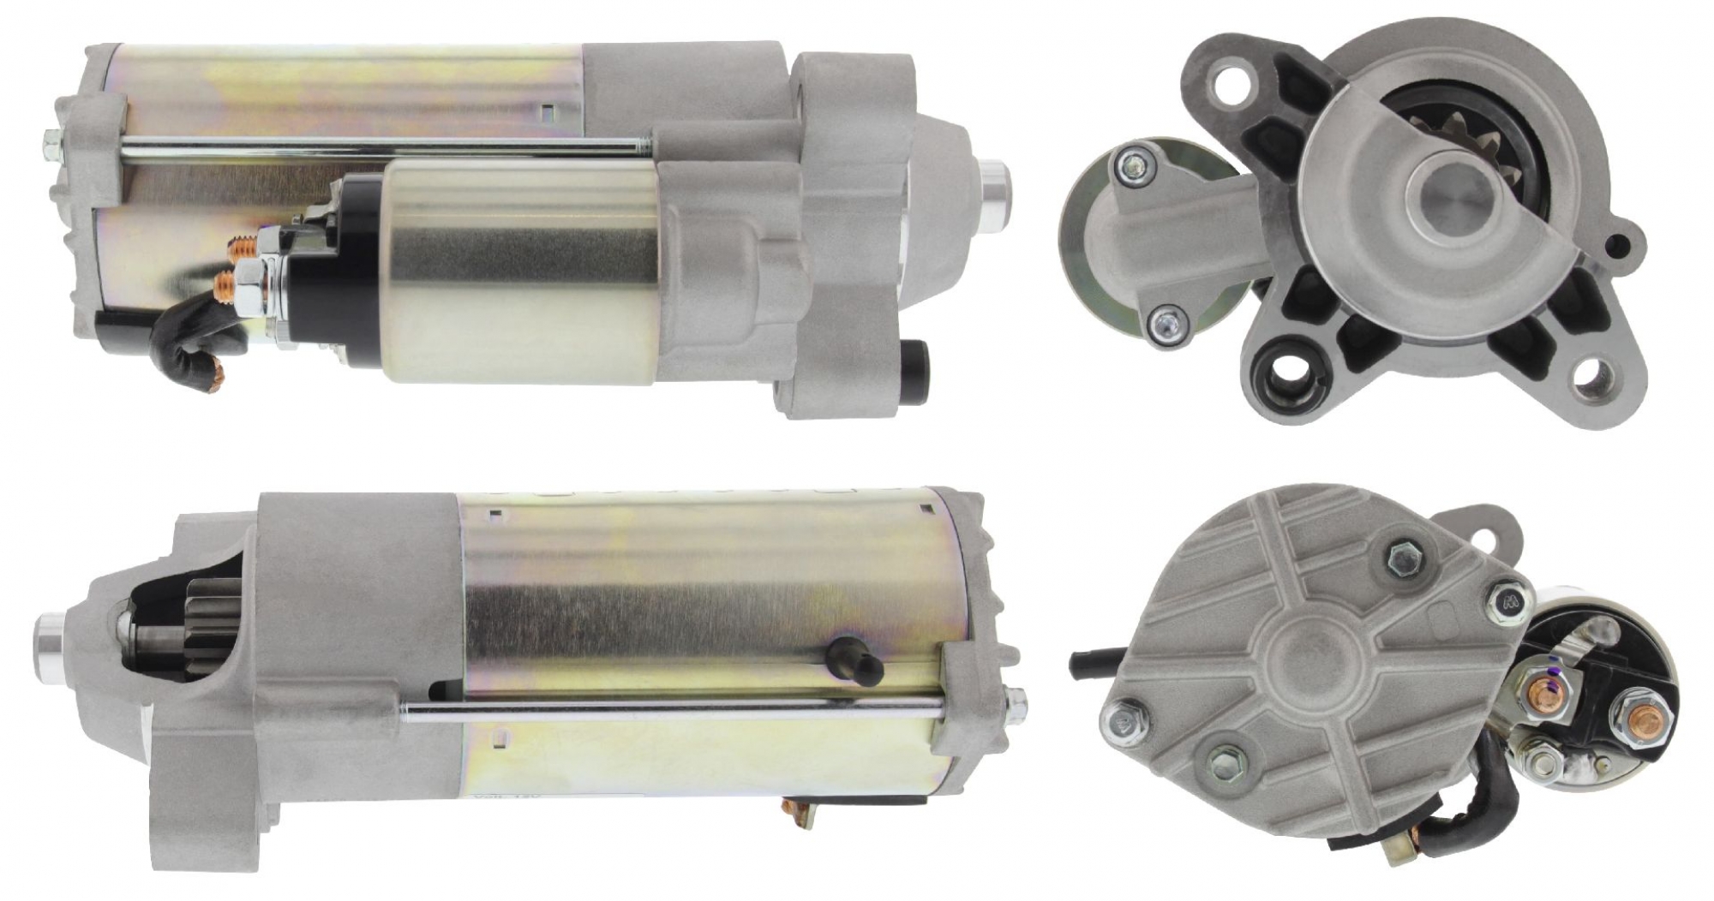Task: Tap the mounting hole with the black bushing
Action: (x=1284, y=374)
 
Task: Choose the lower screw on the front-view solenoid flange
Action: (x=1164, y=325)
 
